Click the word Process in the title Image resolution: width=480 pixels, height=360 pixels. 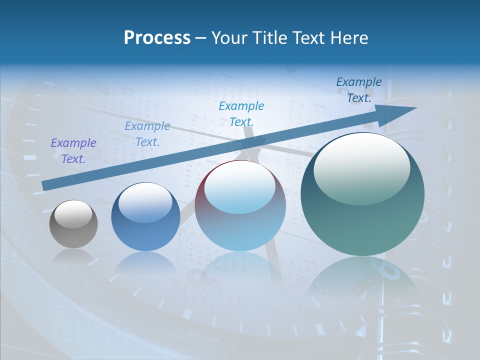(157, 38)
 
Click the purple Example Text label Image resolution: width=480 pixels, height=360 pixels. (73, 150)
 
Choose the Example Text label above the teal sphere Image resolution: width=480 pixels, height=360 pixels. (359, 90)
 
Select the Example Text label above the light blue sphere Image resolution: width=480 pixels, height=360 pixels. (241, 113)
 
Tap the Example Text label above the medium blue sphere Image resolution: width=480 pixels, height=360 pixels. (147, 133)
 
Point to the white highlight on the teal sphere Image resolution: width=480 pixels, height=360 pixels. (361, 167)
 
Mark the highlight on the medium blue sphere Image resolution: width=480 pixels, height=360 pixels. (145, 202)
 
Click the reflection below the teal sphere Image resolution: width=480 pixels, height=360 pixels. (362, 280)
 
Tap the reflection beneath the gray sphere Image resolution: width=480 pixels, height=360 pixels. (73, 257)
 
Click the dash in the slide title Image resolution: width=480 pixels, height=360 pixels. (200, 38)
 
